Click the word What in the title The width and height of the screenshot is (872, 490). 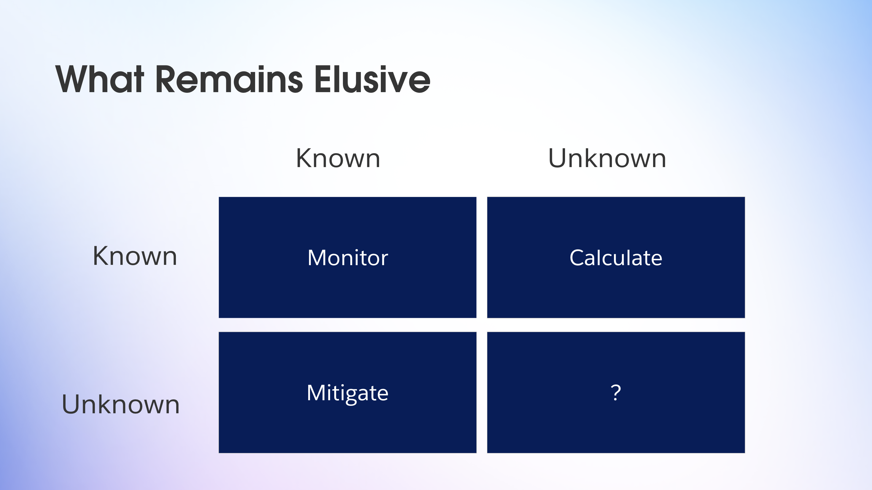click(x=100, y=79)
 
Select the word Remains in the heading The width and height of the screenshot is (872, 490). click(x=229, y=79)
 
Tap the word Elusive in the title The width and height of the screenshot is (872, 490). click(x=372, y=79)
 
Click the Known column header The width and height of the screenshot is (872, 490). click(x=338, y=158)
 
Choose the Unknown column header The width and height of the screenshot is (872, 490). click(x=607, y=158)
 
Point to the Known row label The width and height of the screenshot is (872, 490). click(x=135, y=256)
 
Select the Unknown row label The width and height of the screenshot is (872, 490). click(x=120, y=404)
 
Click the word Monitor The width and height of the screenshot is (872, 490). click(x=348, y=258)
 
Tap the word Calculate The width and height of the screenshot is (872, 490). click(x=616, y=258)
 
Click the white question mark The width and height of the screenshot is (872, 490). click(x=616, y=393)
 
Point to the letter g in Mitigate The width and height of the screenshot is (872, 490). click(x=354, y=396)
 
